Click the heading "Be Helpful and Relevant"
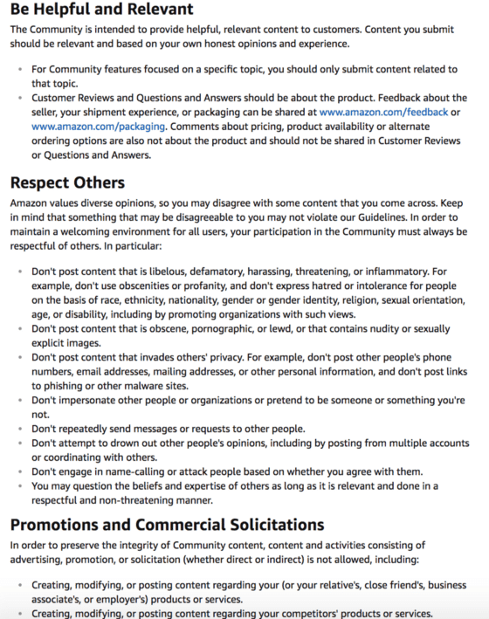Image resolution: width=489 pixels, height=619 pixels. [101, 10]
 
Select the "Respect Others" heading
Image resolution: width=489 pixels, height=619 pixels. [67, 182]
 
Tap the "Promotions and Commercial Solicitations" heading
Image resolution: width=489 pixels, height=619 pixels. [167, 525]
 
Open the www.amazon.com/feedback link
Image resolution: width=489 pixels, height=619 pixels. [383, 112]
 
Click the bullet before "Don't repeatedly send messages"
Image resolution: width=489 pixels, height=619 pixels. [20, 430]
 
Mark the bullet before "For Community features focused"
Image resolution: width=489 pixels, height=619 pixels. [20, 69]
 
